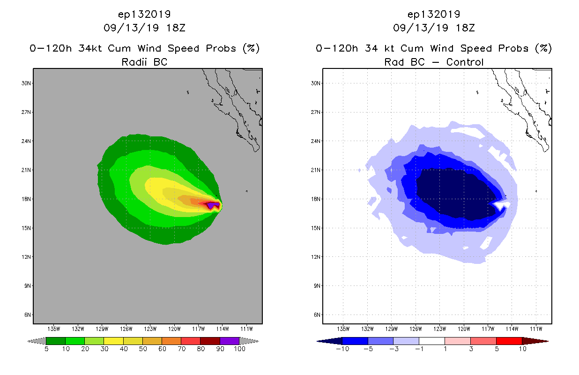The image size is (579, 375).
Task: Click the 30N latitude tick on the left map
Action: coord(27,83)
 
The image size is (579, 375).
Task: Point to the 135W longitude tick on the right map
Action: coord(344,328)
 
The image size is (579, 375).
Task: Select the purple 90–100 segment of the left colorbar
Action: coord(230,341)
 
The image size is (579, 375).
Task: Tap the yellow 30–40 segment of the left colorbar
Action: coord(113,341)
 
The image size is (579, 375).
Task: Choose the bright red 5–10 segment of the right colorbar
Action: coord(509,341)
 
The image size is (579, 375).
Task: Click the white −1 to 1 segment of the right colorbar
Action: coord(431,341)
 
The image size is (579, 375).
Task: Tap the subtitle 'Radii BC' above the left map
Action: coord(144,62)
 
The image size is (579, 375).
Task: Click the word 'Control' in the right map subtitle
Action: coord(465,62)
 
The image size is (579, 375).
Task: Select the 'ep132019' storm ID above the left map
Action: coord(144,14)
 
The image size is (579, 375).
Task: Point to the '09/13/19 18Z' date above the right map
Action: coord(434,28)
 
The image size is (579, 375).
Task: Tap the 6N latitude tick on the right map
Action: coord(317,315)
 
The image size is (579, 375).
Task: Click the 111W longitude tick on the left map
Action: coord(246,328)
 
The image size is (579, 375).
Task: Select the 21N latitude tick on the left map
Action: coord(27,170)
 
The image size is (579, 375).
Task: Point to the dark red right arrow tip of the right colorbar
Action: coord(543,341)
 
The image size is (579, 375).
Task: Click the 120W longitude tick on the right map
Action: coord(464,328)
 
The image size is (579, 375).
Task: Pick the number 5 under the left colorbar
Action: coord(46,349)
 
